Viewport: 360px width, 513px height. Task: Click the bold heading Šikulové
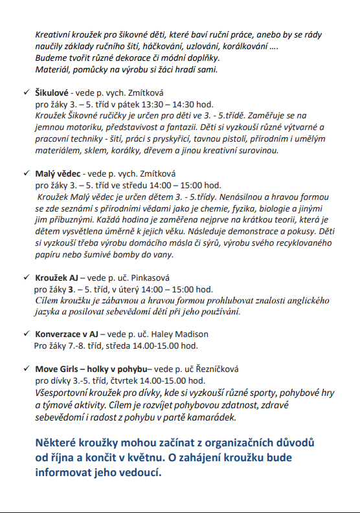pos(52,93)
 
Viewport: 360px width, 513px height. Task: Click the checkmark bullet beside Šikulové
pos(25,93)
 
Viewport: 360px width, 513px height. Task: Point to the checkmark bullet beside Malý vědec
pos(25,173)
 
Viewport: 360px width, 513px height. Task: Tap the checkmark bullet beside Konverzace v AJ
pos(25,334)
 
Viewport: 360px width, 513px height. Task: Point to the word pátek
pos(138,104)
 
